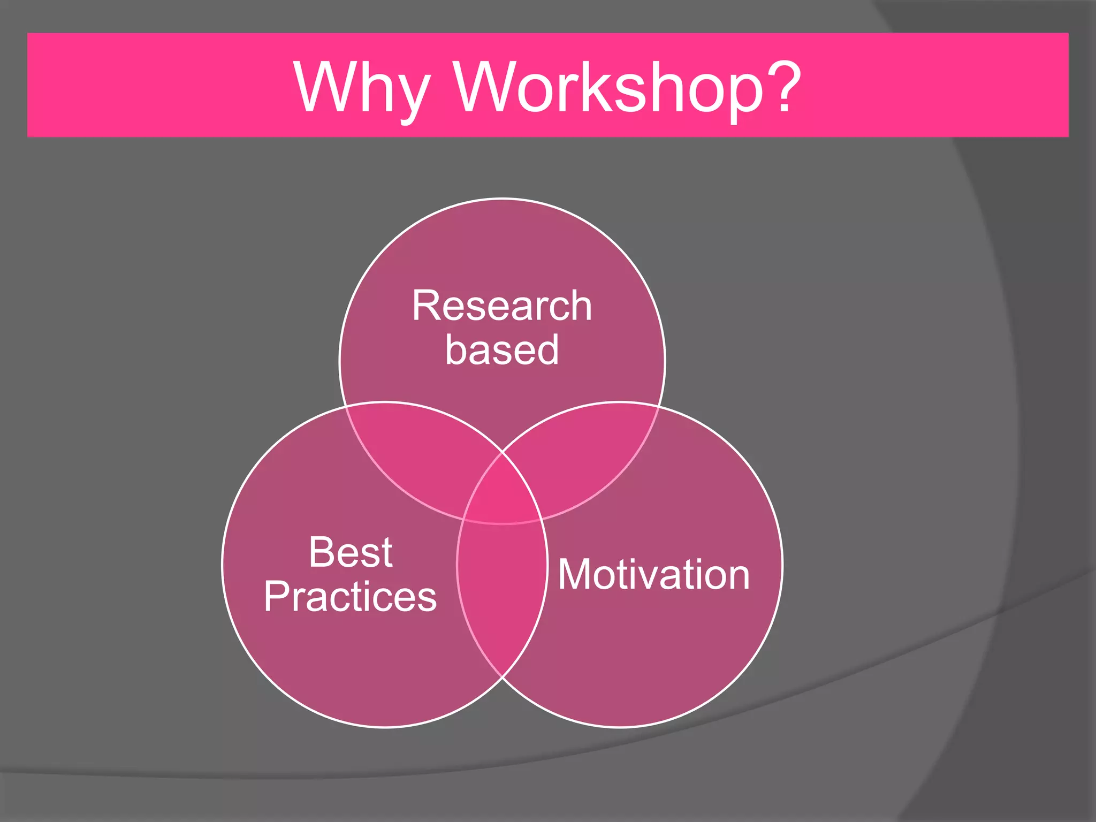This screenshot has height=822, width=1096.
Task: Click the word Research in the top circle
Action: (502, 306)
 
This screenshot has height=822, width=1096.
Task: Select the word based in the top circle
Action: (502, 350)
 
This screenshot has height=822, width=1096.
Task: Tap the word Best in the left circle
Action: (351, 552)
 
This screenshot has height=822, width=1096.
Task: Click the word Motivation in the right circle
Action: (654, 575)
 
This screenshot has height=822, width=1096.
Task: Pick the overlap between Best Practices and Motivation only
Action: (502, 589)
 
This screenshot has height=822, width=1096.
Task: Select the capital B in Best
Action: (322, 552)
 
